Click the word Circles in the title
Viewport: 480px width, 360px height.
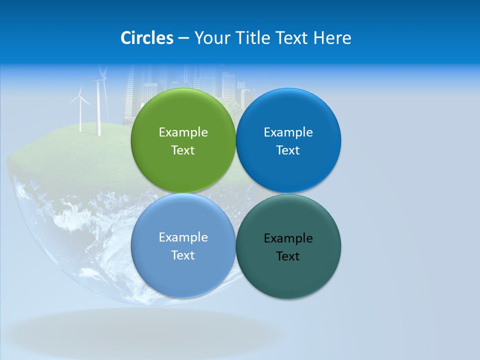(x=147, y=38)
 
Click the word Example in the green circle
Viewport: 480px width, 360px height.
(x=183, y=132)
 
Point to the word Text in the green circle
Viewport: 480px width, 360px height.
(x=183, y=150)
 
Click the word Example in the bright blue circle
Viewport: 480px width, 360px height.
(x=288, y=132)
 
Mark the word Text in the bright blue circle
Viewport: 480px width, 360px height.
(x=288, y=150)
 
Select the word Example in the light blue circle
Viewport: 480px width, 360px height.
(x=183, y=237)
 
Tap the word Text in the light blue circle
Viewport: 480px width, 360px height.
(x=183, y=255)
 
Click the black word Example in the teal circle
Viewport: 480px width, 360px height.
(x=288, y=238)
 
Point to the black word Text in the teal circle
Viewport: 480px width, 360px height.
(x=288, y=256)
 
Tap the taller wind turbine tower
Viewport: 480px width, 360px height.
(x=99, y=110)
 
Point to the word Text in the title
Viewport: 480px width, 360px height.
(x=294, y=38)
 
